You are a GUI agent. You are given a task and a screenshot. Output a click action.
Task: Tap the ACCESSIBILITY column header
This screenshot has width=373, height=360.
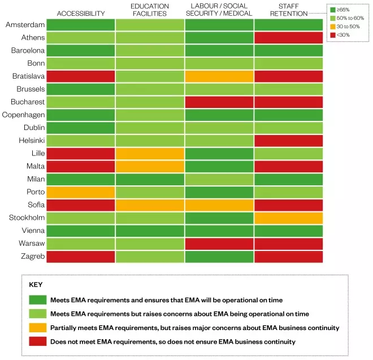click(81, 13)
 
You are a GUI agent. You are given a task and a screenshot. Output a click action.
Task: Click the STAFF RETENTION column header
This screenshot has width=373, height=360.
click(288, 10)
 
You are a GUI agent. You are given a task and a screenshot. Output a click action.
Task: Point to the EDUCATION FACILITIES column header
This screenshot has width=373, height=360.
click(150, 10)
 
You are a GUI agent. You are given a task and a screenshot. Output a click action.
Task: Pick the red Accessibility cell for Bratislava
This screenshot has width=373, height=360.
click(80, 76)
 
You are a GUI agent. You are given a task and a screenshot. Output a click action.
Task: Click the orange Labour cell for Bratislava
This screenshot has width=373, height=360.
click(219, 76)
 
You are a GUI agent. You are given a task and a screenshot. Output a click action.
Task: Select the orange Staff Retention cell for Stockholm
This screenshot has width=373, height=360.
click(288, 218)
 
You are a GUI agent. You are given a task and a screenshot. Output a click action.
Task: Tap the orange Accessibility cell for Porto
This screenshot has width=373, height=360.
click(80, 192)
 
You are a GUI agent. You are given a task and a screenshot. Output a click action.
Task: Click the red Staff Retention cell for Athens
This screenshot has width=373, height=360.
click(288, 38)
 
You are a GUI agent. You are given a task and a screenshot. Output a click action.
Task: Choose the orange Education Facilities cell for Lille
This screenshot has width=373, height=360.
click(150, 153)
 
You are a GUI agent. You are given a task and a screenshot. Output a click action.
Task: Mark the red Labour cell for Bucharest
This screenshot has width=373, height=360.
click(219, 102)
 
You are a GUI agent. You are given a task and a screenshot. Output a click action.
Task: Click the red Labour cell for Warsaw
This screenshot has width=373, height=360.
click(219, 244)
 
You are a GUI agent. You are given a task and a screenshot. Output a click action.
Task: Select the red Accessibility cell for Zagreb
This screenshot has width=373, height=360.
click(80, 256)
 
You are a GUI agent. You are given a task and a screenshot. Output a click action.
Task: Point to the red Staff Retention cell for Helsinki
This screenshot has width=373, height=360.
click(288, 141)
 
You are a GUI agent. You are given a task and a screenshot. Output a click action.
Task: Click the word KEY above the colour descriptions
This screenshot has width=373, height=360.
click(36, 285)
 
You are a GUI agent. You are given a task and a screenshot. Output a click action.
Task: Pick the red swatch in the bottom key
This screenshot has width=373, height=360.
click(38, 342)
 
